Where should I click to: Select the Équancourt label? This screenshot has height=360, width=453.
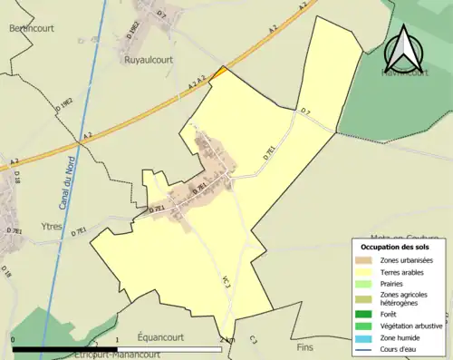click(160, 336)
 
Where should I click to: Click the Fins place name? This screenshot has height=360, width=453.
click(304, 346)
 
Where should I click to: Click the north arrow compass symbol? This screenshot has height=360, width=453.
click(404, 50)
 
